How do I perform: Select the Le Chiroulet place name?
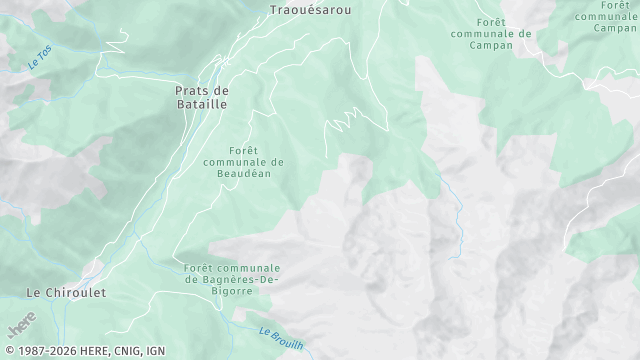coord(65,293)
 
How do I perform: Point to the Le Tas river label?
coord(39,59)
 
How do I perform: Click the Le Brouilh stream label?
coord(280,337)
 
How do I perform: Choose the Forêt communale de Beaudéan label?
coord(243,162)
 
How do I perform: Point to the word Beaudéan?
coord(243,174)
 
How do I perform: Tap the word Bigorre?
coord(232,292)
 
